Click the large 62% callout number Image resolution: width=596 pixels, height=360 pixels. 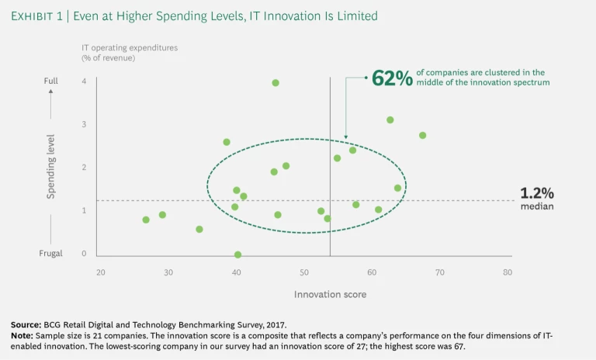coord(392,78)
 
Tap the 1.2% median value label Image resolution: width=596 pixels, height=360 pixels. coord(536,193)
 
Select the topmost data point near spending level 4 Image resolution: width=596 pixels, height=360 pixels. coord(275,82)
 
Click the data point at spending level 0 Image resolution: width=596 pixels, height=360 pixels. coord(237,254)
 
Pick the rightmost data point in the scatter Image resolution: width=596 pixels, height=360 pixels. coord(423,135)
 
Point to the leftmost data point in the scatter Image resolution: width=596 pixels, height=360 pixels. coord(146,220)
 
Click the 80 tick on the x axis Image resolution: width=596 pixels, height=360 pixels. coord(508,272)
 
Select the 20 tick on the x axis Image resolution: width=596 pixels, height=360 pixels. coord(101,272)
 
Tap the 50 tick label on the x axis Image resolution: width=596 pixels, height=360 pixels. coord(304,272)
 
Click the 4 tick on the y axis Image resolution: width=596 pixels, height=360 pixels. coord(84,81)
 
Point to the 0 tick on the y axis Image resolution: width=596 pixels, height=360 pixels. coord(84,254)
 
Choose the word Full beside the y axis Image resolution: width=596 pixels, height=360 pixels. coord(50,81)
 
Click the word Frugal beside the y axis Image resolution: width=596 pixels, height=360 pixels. coord(50,254)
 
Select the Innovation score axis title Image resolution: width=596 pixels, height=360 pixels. coord(330,295)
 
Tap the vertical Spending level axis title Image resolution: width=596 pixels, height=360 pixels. coord(51,168)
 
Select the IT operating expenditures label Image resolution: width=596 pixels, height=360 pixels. coord(130,47)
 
